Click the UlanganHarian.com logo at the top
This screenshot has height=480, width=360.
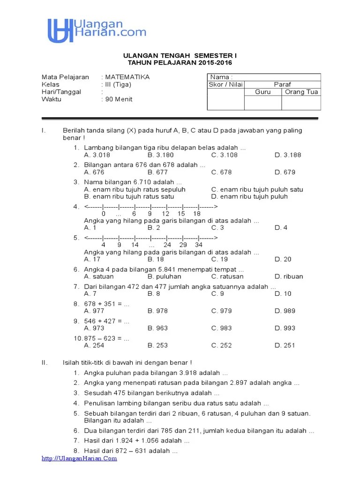click(97, 30)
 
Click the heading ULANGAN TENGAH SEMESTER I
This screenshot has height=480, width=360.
click(180, 55)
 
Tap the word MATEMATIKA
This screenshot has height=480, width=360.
click(127, 77)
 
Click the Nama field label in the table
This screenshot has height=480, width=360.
click(221, 77)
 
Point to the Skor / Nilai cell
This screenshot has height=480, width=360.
click(225, 85)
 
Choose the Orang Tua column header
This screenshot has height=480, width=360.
click(301, 92)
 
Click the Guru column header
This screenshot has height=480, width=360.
click(262, 92)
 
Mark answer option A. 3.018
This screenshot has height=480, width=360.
click(97, 155)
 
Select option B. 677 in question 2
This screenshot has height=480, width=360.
click(157, 172)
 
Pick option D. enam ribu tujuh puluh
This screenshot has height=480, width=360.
click(249, 197)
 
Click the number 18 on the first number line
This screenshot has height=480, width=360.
click(197, 214)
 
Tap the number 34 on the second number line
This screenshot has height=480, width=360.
click(199, 245)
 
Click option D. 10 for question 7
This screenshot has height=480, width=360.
click(283, 294)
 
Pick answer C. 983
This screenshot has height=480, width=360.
click(221, 328)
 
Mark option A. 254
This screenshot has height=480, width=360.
click(94, 345)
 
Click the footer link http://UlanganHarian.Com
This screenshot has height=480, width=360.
click(79, 459)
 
